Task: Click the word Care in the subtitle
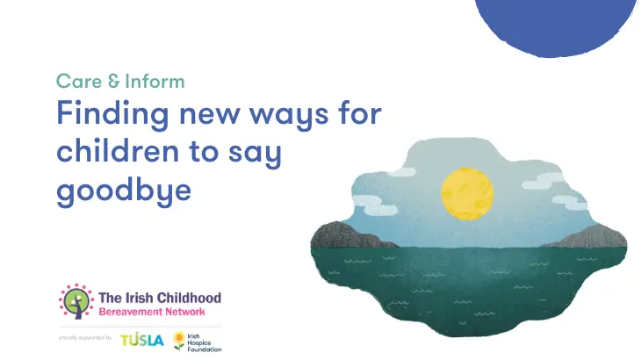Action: [79, 81]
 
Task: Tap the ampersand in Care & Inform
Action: [113, 81]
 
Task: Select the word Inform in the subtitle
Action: [155, 81]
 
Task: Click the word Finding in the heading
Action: [112, 115]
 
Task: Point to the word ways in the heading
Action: [289, 117]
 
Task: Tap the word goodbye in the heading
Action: [124, 192]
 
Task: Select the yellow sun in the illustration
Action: [467, 194]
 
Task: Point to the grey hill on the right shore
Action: [588, 237]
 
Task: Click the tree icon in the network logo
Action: [76, 301]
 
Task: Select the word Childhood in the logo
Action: [190, 298]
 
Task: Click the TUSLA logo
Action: [142, 340]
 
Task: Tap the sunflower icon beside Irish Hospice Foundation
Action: [178, 341]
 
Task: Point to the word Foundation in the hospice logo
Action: [205, 349]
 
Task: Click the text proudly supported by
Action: [85, 338]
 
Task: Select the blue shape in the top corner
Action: [557, 26]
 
